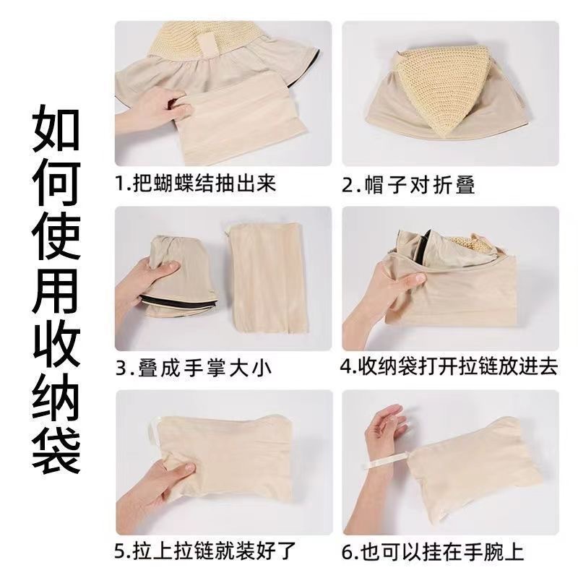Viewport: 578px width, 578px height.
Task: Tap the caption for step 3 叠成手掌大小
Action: tap(193, 368)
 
